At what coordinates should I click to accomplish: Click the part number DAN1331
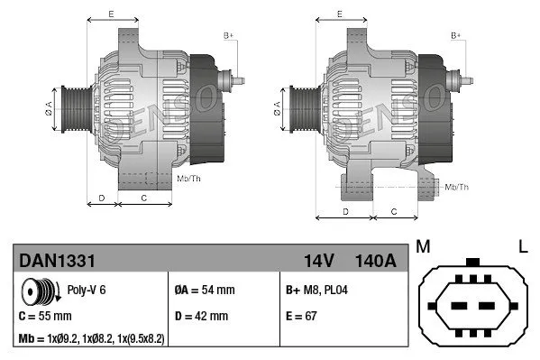tap(58, 261)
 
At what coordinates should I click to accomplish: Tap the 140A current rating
tap(377, 261)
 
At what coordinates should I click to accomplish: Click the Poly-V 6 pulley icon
tap(41, 293)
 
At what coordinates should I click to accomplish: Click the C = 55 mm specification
tap(46, 317)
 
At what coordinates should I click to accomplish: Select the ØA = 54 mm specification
tap(204, 291)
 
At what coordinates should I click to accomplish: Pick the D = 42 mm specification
tap(201, 317)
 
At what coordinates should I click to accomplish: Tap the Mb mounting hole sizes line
tap(92, 338)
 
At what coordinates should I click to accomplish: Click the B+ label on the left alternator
tap(229, 35)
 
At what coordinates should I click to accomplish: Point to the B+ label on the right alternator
tap(456, 35)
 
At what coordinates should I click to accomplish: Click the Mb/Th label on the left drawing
tap(189, 179)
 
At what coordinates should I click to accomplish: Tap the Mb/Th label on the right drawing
tap(457, 187)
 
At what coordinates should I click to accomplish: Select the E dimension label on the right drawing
tap(339, 14)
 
